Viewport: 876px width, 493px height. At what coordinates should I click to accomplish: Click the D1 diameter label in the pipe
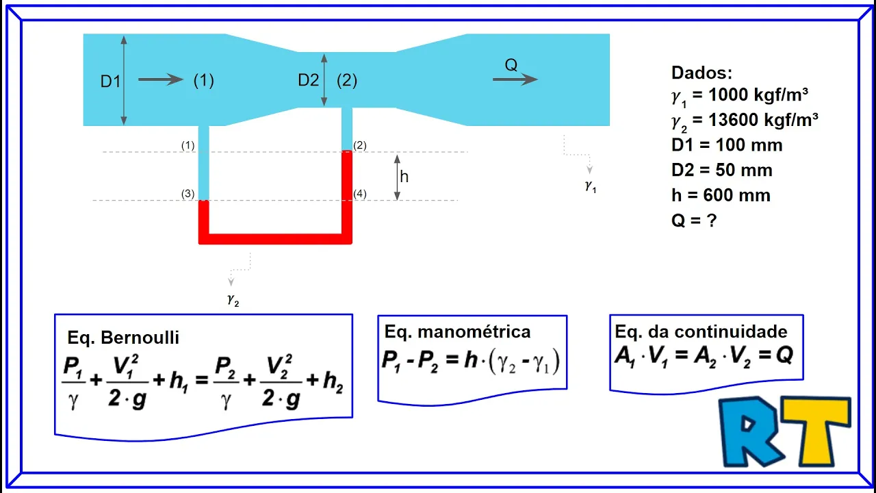tap(110, 81)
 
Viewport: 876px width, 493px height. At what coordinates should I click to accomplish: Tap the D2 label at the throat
tap(309, 81)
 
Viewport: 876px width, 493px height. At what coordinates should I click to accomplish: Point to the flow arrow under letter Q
tap(515, 79)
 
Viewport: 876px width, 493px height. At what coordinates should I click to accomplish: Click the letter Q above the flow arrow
tap(511, 65)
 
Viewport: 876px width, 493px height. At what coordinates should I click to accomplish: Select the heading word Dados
tap(701, 73)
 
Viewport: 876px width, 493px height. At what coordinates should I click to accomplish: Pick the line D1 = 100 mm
tap(727, 145)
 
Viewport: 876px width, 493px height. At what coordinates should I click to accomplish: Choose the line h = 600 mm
tap(721, 196)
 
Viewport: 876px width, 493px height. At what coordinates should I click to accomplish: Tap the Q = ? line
tap(694, 221)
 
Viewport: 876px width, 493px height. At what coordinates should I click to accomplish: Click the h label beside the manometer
tap(404, 177)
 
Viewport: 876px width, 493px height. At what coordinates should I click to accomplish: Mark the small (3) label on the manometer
tap(188, 194)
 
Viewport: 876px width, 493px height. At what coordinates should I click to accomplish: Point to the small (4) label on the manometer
tap(360, 194)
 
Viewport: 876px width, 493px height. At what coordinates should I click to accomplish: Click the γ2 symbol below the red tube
tap(233, 300)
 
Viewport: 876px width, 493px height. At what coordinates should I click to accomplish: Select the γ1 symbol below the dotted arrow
tap(590, 186)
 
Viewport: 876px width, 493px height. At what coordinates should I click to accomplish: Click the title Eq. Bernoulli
tap(123, 338)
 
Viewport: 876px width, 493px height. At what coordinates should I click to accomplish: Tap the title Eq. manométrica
tap(457, 332)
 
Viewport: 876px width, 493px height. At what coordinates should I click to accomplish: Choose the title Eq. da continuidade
tap(701, 332)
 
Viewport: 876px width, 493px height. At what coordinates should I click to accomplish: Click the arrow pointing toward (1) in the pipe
tap(161, 80)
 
